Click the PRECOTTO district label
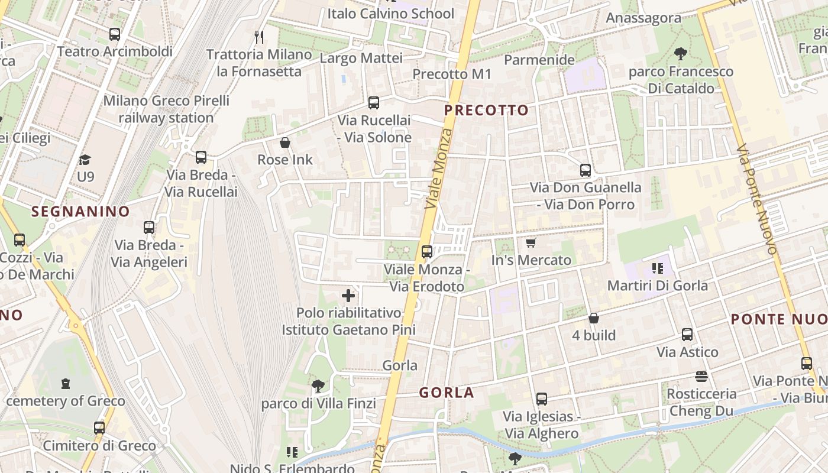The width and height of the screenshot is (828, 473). point(486,111)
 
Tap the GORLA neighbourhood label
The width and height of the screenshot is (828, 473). point(447,393)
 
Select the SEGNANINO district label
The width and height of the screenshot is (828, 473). point(80,211)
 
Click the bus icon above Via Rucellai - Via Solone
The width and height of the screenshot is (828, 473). point(374,103)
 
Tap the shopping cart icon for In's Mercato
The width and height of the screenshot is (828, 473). point(531,243)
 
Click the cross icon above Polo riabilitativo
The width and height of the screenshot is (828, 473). point(348,295)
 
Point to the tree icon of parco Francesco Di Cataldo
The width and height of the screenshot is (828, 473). point(681,54)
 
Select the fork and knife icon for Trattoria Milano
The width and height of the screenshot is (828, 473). point(259,37)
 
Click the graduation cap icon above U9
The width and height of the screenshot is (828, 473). point(85,160)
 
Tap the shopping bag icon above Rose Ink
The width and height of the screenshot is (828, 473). point(285,142)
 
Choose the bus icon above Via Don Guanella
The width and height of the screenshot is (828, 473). point(586,170)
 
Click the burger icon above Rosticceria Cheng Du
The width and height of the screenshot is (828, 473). point(701,377)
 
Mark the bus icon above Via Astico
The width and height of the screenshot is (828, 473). point(687,335)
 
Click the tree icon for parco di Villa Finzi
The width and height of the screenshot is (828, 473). point(318,386)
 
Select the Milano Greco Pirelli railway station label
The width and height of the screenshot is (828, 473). point(166,109)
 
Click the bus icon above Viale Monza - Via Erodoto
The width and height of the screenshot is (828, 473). point(427,252)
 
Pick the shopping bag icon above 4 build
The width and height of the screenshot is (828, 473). point(594,318)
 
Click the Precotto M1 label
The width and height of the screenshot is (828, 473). point(452,74)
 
